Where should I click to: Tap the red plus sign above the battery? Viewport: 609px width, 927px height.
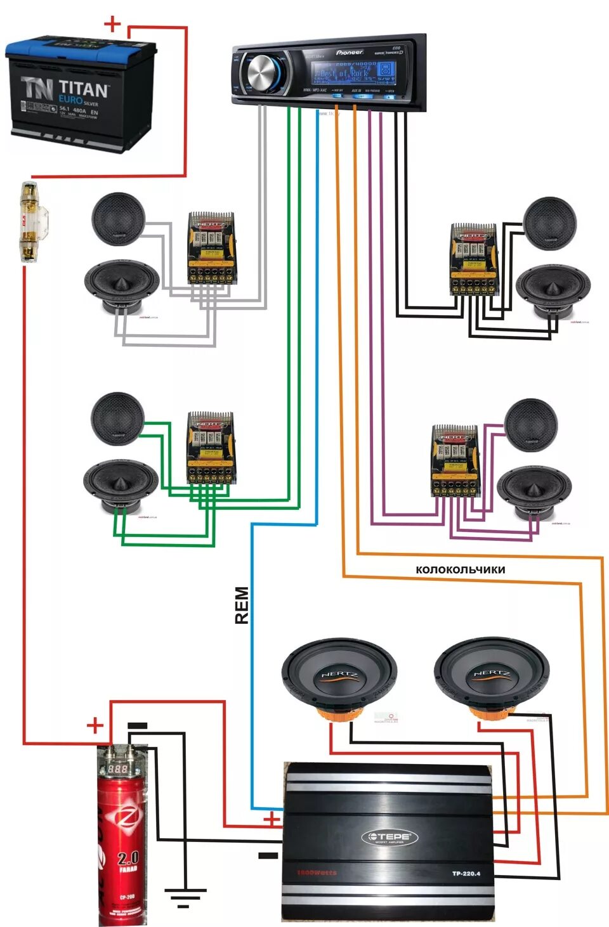(x=112, y=25)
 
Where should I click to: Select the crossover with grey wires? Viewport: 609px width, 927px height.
(x=212, y=248)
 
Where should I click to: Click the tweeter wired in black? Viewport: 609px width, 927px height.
(x=549, y=223)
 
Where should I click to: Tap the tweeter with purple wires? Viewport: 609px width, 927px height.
(x=531, y=425)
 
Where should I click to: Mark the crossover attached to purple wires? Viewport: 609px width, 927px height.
(x=455, y=460)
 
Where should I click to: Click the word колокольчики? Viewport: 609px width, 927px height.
(x=461, y=570)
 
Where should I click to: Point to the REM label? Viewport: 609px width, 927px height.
(x=242, y=606)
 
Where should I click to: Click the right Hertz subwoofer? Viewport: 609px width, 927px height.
(x=492, y=676)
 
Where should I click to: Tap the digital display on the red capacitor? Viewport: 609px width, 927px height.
(x=119, y=768)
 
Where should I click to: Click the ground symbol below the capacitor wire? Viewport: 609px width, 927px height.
(x=185, y=896)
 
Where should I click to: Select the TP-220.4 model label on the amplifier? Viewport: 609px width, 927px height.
(x=466, y=874)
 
